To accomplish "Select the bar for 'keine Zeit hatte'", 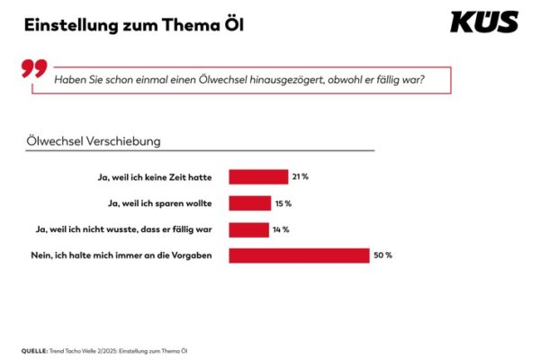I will coord(258,176).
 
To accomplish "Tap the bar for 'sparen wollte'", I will coord(250,202).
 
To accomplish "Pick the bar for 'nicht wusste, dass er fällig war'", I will coord(248,229).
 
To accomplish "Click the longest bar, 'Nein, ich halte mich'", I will coord(299,256).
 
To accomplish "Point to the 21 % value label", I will coord(301,176).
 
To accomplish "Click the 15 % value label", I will coord(283,202).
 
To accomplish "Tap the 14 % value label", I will coord(280,229).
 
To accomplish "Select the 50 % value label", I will coord(383,256).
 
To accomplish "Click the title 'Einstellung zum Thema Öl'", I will coord(133,24).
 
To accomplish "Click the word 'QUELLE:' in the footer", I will coord(36,349).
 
